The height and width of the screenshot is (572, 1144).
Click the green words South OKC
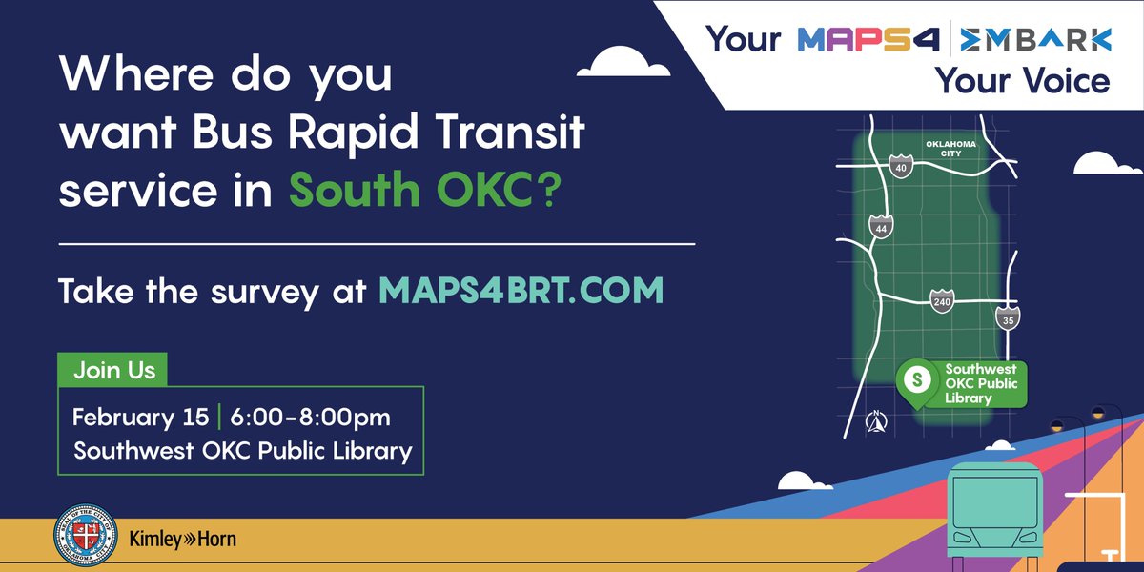(424, 190)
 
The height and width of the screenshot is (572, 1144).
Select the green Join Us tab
(112, 370)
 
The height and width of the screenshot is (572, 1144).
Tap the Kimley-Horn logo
(182, 540)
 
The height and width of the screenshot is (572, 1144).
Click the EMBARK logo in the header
(1036, 40)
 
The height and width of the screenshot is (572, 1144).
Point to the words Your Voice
(1022, 82)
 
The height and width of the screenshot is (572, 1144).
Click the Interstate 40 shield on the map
(901, 168)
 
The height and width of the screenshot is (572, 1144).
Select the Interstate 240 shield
(942, 301)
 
